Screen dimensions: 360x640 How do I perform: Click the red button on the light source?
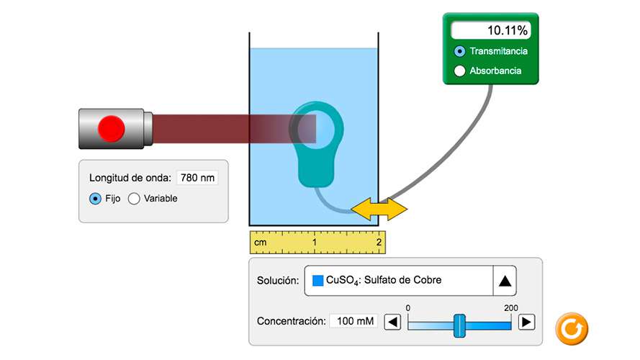click(112, 129)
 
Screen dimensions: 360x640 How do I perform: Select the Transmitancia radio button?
click(460, 51)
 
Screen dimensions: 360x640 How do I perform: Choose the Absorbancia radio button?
click(460, 71)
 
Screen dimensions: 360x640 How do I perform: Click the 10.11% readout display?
click(490, 30)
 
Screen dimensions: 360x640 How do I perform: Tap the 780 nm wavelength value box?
click(197, 177)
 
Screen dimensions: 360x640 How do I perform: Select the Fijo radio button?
click(95, 199)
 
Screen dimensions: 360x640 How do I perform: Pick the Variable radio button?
click(134, 199)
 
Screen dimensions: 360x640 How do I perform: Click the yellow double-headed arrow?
click(379, 209)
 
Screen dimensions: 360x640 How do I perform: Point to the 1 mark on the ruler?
click(315, 243)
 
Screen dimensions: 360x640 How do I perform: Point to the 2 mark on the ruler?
click(379, 243)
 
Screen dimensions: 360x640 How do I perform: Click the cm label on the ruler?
click(261, 243)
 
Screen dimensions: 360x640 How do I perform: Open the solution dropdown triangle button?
click(505, 281)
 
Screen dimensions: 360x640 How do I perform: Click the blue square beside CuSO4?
click(318, 281)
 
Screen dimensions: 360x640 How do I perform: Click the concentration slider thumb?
click(459, 325)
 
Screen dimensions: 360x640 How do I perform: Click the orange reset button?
click(572, 328)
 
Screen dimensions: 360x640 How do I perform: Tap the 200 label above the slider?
click(511, 308)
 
